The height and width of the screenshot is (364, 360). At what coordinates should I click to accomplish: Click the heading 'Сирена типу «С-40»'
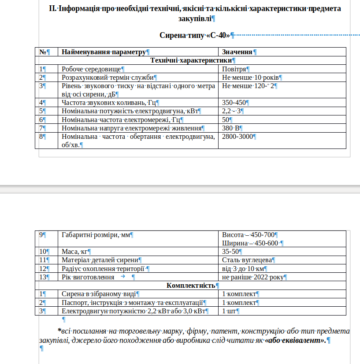(194, 35)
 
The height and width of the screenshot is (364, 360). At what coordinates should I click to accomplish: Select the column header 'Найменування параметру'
(104, 52)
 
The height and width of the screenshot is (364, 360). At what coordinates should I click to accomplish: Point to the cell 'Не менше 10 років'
(250, 77)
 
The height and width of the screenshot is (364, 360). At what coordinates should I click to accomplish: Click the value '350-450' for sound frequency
(234, 103)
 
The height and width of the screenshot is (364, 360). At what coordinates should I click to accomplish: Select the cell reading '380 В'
(230, 128)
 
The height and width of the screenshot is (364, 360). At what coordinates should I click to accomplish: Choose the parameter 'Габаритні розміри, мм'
(96, 235)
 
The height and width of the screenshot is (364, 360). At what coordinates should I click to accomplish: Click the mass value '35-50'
(230, 252)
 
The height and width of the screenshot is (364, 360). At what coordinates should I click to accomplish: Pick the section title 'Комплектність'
(191, 286)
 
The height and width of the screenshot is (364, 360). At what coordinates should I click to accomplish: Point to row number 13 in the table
(43, 277)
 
